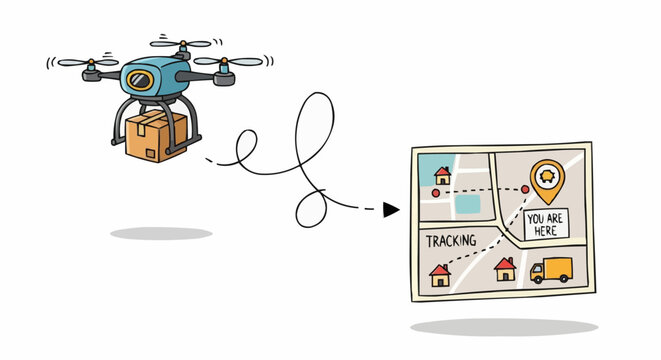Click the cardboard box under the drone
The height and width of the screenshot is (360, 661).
pos(156,137)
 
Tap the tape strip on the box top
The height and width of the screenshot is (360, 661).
pos(149,119)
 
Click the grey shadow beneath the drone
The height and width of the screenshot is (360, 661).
pos(161,234)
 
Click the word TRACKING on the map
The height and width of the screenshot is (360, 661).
pos(451,241)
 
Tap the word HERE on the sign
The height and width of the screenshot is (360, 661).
pos(546,230)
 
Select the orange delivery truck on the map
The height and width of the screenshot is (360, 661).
pos(551,270)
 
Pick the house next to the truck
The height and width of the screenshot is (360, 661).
pos(505,268)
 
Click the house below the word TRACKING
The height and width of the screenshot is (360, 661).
pos(440,275)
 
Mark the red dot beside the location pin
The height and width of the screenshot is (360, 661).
pos(524,189)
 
